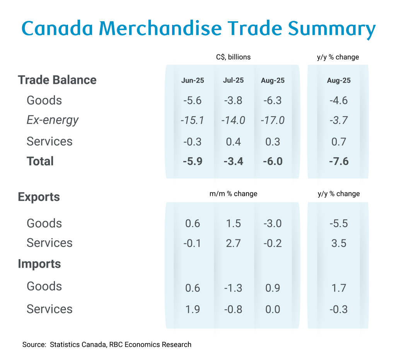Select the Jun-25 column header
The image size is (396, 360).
pyautogui.click(x=193, y=81)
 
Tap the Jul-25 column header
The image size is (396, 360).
pyautogui.click(x=233, y=81)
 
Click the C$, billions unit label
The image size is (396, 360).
pyautogui.click(x=233, y=57)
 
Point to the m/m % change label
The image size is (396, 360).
pyautogui.click(x=233, y=194)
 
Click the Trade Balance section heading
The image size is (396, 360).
pyautogui.click(x=57, y=80)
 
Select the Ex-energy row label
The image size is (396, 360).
pyautogui.click(x=53, y=120)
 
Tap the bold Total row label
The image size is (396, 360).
pyautogui.click(x=40, y=161)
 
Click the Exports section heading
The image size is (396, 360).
pyautogui.click(x=39, y=197)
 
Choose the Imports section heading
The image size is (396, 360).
pyautogui.click(x=39, y=264)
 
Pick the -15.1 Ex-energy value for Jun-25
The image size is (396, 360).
pyautogui.click(x=193, y=121)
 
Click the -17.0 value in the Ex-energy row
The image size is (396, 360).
pyautogui.click(x=273, y=121)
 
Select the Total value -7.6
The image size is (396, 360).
pyautogui.click(x=338, y=161)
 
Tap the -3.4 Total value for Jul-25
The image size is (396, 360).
pyautogui.click(x=233, y=161)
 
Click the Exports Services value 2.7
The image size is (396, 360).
pyautogui.click(x=233, y=243)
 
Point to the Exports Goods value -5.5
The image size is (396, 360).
pyautogui.click(x=338, y=223)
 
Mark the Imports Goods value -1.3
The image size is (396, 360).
pyautogui.click(x=233, y=288)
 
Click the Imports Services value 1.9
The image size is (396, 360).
pyautogui.click(x=193, y=309)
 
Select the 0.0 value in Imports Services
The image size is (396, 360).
pyautogui.click(x=273, y=309)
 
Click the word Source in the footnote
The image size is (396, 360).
pyautogui.click(x=34, y=345)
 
